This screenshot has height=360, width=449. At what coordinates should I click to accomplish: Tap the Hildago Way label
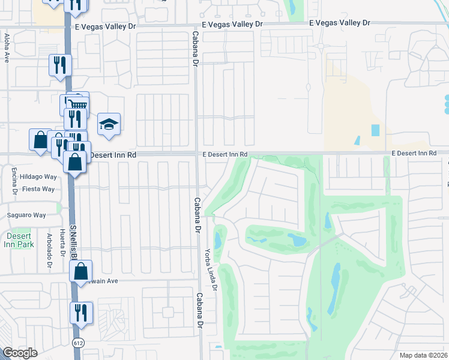point(37,177)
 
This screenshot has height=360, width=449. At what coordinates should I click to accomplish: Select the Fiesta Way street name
point(38,189)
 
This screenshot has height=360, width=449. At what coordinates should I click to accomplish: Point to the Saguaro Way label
point(26,215)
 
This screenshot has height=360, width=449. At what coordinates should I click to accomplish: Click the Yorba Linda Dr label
point(211,270)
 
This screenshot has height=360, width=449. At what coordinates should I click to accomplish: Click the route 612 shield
point(79,343)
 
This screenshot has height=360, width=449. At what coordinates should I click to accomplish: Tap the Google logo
point(20,353)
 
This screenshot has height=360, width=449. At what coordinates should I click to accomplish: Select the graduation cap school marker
point(109,124)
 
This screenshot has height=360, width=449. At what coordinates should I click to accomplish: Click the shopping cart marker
point(76,103)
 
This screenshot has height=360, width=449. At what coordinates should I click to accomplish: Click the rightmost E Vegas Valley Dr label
point(339,23)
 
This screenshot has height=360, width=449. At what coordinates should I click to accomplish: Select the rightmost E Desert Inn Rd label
point(414,154)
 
